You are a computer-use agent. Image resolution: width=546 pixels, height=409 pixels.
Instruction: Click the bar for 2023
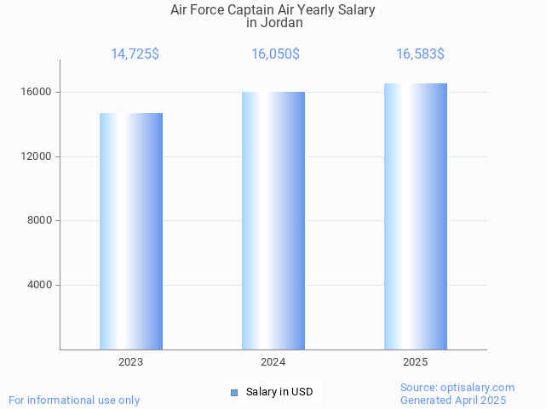point(131,231)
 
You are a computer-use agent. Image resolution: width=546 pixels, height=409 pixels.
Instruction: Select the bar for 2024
point(273,221)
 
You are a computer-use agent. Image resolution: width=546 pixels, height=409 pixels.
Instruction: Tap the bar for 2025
point(416,217)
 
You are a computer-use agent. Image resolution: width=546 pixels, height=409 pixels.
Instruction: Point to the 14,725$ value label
point(135,54)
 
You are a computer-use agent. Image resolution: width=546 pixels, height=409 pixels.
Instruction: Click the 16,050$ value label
point(275,54)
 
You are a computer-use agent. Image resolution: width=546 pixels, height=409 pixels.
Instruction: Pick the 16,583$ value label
point(420,54)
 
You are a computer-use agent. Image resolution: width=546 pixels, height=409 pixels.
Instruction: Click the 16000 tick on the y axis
point(37,92)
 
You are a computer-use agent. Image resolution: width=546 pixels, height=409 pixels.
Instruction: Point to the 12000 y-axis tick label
point(37,156)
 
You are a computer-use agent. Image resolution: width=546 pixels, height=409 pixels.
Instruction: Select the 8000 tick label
point(39,221)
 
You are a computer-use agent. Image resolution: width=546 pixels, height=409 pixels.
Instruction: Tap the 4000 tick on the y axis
point(39,285)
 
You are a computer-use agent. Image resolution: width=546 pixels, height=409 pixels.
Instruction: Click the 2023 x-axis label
point(131,362)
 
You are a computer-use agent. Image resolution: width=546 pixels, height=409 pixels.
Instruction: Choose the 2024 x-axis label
point(273,362)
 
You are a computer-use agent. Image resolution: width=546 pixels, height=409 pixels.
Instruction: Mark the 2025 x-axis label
point(416,362)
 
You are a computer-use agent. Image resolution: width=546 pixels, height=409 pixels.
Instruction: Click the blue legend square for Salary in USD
point(235,392)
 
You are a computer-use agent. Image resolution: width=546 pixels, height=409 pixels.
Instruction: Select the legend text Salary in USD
point(279,392)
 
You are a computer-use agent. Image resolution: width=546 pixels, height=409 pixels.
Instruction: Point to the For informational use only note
point(74,400)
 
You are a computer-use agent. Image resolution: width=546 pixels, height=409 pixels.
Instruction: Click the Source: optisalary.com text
point(457,387)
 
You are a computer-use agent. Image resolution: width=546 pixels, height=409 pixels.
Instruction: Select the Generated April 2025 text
point(453,400)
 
